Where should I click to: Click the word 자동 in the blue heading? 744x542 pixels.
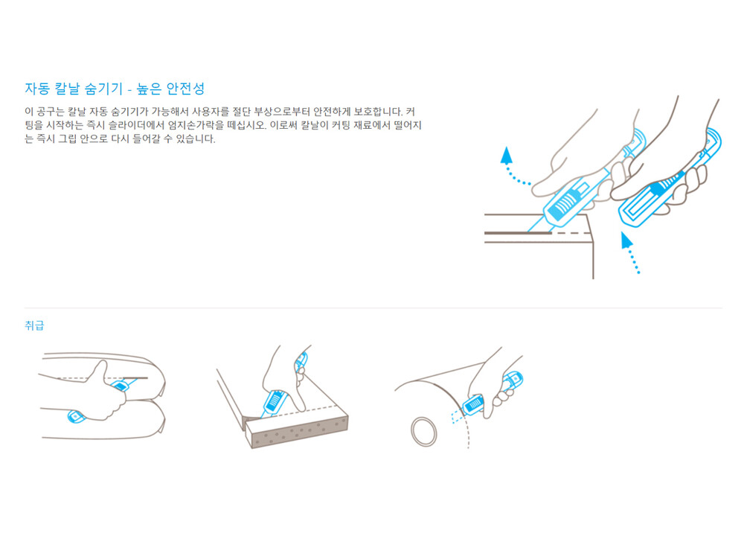(37, 89)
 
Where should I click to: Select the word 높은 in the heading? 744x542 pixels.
(149, 89)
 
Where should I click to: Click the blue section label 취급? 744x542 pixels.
(34, 325)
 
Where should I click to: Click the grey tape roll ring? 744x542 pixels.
(424, 431)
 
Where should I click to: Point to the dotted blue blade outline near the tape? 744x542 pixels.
(457, 417)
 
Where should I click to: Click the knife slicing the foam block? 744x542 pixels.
(280, 387)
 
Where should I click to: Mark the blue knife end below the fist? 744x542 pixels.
(76, 417)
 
